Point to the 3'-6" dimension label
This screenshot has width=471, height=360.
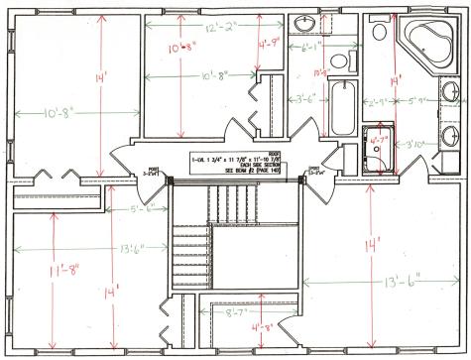(306, 99)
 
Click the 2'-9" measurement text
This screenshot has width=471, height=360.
(380, 101)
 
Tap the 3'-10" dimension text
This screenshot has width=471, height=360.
(415, 146)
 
